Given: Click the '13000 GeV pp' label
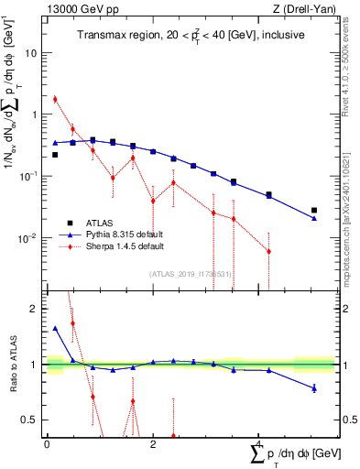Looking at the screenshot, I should coord(76,9).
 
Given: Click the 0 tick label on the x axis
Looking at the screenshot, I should coord(47,444).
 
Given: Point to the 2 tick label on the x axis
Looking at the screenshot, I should coord(153,444).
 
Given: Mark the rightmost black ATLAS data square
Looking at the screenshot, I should coord(314,210).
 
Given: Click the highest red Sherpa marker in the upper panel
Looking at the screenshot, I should coord(55,99).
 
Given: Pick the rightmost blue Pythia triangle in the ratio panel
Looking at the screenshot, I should coord(314,388).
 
